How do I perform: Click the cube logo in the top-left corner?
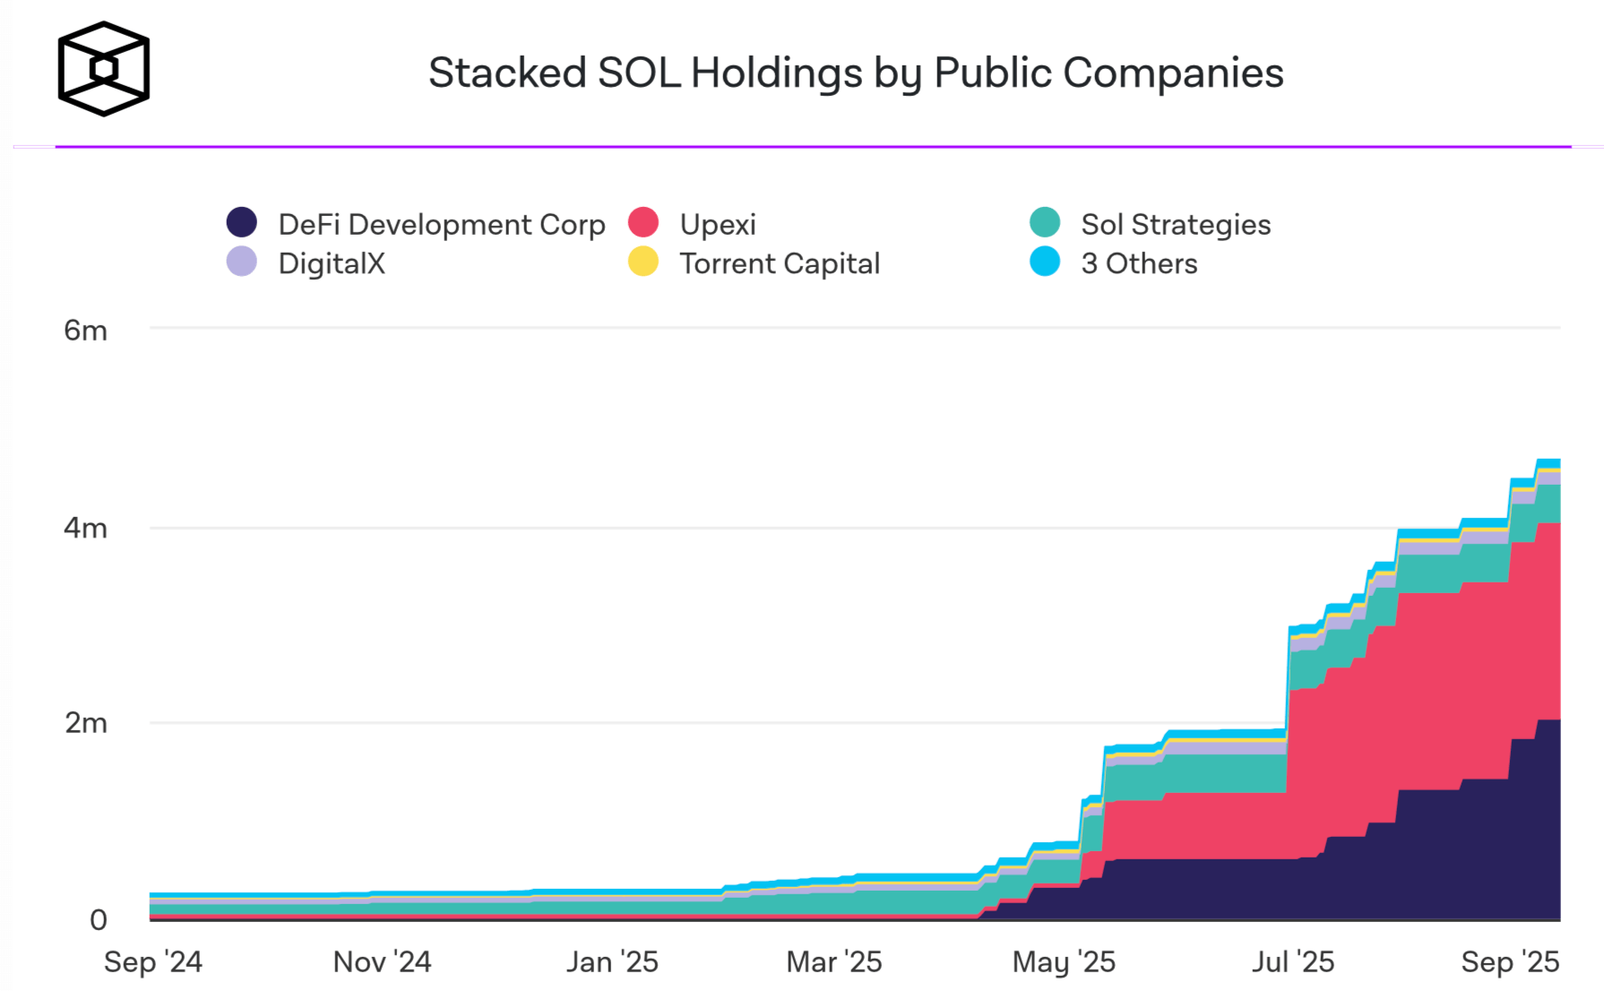tap(104, 69)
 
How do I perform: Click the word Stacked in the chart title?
tap(507, 73)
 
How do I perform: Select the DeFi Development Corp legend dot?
tap(242, 223)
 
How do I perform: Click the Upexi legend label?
tap(718, 224)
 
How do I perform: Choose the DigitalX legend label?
tap(332, 263)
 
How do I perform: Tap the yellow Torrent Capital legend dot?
tap(643, 263)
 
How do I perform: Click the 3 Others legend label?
tap(1139, 263)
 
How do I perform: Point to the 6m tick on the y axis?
tap(85, 331)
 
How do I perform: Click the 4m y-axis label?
tap(85, 528)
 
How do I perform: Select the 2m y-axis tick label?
tap(86, 722)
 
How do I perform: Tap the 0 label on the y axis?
tap(99, 919)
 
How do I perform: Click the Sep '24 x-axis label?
tap(153, 961)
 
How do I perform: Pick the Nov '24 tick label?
tap(382, 961)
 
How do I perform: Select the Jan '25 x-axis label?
tap(612, 961)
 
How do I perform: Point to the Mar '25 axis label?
tap(834, 961)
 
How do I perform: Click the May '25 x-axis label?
tap(1064, 961)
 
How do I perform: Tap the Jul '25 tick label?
tap(1293, 961)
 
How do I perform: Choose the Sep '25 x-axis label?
tap(1511, 961)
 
